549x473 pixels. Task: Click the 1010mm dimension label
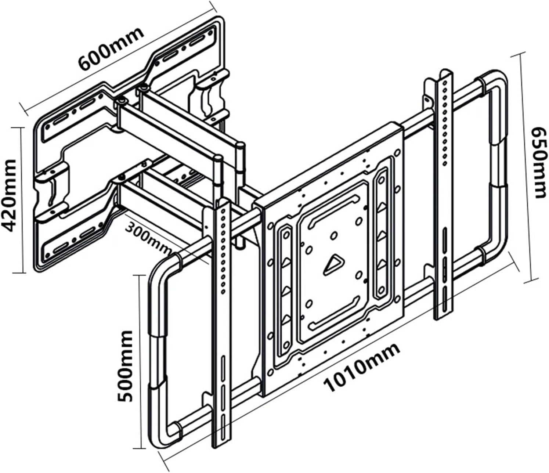(x=362, y=367)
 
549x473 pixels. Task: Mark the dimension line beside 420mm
(x=23, y=200)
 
